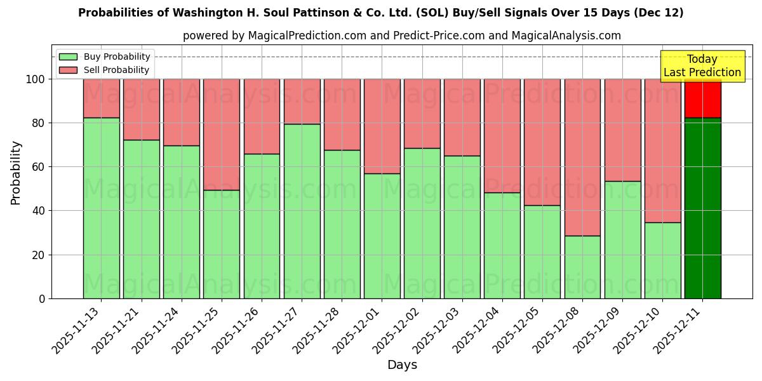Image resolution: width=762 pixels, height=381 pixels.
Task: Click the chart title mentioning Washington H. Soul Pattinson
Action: click(x=381, y=13)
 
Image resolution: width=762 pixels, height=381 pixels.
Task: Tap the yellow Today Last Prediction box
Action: click(x=702, y=66)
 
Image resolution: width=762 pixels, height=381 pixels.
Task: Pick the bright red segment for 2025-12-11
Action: click(x=702, y=98)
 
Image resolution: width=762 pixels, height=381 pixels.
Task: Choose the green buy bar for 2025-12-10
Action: click(x=662, y=260)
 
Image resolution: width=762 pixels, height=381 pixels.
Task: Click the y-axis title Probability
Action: click(x=16, y=173)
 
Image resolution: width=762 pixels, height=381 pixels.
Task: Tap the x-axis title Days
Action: click(x=402, y=365)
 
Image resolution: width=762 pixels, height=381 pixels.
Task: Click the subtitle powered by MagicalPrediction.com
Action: click(x=402, y=36)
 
